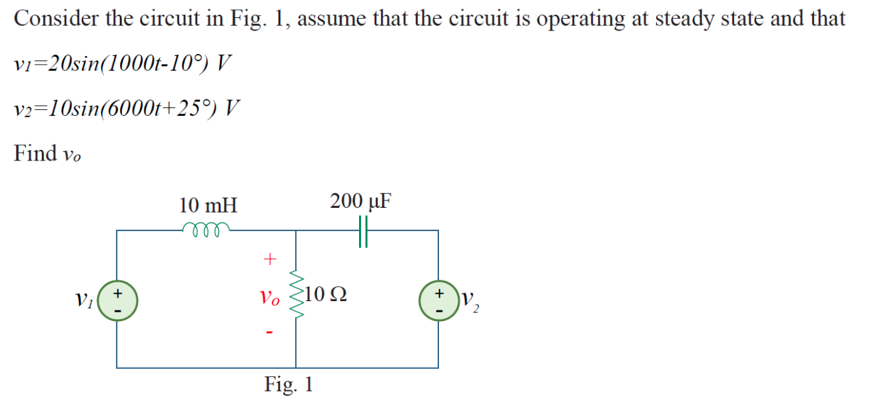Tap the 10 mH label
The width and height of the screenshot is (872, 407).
click(209, 205)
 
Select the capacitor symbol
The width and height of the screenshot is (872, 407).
click(363, 230)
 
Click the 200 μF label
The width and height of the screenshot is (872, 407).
click(360, 201)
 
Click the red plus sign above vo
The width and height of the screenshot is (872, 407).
click(270, 258)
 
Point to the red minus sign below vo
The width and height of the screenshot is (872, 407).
click(269, 332)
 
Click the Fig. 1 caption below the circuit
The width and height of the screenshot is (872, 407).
click(288, 384)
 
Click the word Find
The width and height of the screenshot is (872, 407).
click(36, 153)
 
